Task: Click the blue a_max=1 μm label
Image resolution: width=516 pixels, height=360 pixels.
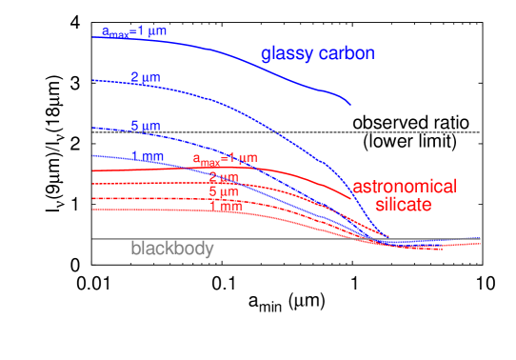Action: click(x=134, y=31)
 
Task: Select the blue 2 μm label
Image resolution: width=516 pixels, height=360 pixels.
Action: click(x=146, y=76)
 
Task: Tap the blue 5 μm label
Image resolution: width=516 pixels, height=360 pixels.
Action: click(x=146, y=125)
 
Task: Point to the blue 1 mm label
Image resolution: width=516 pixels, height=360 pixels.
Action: click(x=148, y=155)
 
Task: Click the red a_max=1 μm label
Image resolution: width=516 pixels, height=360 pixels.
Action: click(x=225, y=159)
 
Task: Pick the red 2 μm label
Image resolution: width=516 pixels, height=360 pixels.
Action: click(x=224, y=178)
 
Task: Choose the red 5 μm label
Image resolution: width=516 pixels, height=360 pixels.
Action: click(x=224, y=191)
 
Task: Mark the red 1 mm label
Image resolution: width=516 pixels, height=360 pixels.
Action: click(x=225, y=205)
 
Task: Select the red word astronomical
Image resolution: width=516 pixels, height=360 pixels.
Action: click(x=404, y=187)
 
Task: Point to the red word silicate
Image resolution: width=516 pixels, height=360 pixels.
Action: click(x=404, y=205)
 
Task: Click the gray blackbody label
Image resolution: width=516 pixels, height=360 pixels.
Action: click(x=172, y=249)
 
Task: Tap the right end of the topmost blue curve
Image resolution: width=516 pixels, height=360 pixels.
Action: click(x=350, y=105)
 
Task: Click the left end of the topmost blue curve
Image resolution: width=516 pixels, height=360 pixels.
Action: click(x=93, y=37)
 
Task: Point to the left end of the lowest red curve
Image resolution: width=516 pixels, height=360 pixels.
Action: click(x=93, y=209)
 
